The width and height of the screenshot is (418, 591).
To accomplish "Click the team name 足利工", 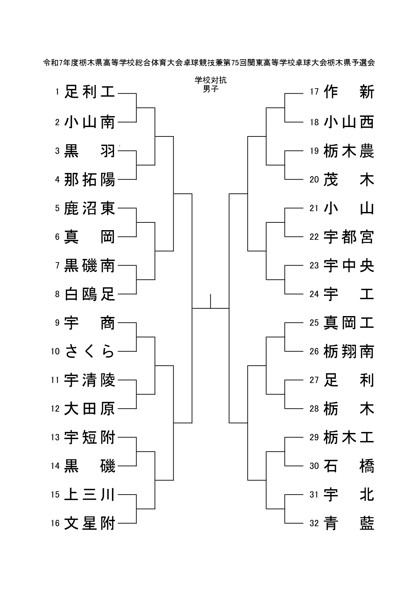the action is click(90, 92).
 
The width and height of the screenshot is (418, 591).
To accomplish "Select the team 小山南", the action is click(90, 122).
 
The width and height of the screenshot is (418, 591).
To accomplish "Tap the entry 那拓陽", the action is click(90, 180).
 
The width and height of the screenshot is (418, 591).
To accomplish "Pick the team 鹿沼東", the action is click(90, 208).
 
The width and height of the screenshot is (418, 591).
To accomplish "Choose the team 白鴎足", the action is click(90, 294).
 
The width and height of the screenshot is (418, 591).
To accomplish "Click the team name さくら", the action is click(90, 351).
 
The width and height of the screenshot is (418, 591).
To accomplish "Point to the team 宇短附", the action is click(90, 437).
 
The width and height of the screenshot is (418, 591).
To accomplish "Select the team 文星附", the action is click(90, 523).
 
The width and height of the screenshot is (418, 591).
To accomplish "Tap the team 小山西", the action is click(349, 122).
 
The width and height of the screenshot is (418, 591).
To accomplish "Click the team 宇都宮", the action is click(349, 237).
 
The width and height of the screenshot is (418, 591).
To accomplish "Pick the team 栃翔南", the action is click(349, 351).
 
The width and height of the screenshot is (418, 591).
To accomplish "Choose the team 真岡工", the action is click(349, 323).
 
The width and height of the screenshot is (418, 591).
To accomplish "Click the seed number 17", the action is click(315, 92).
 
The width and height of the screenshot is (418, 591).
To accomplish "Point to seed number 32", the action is click(314, 523).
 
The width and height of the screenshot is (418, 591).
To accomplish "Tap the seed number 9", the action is click(57, 323).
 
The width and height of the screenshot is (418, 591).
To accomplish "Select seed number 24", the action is click(314, 294).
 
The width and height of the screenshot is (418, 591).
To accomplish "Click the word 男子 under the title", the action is click(211, 89).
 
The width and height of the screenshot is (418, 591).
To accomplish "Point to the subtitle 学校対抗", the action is click(211, 80).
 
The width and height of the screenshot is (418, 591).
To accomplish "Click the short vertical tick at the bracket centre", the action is click(211, 301).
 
